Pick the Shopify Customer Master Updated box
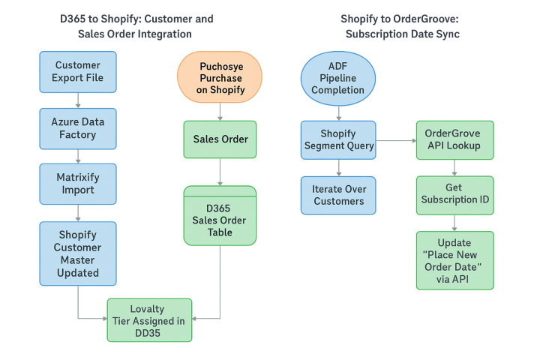(x=78, y=253)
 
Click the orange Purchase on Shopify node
(x=220, y=77)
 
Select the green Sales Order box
(x=220, y=139)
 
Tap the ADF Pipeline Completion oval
(x=337, y=79)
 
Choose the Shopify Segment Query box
(x=338, y=139)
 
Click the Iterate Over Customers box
(x=338, y=194)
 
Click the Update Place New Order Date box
(x=454, y=260)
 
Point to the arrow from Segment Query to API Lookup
(x=396, y=140)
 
